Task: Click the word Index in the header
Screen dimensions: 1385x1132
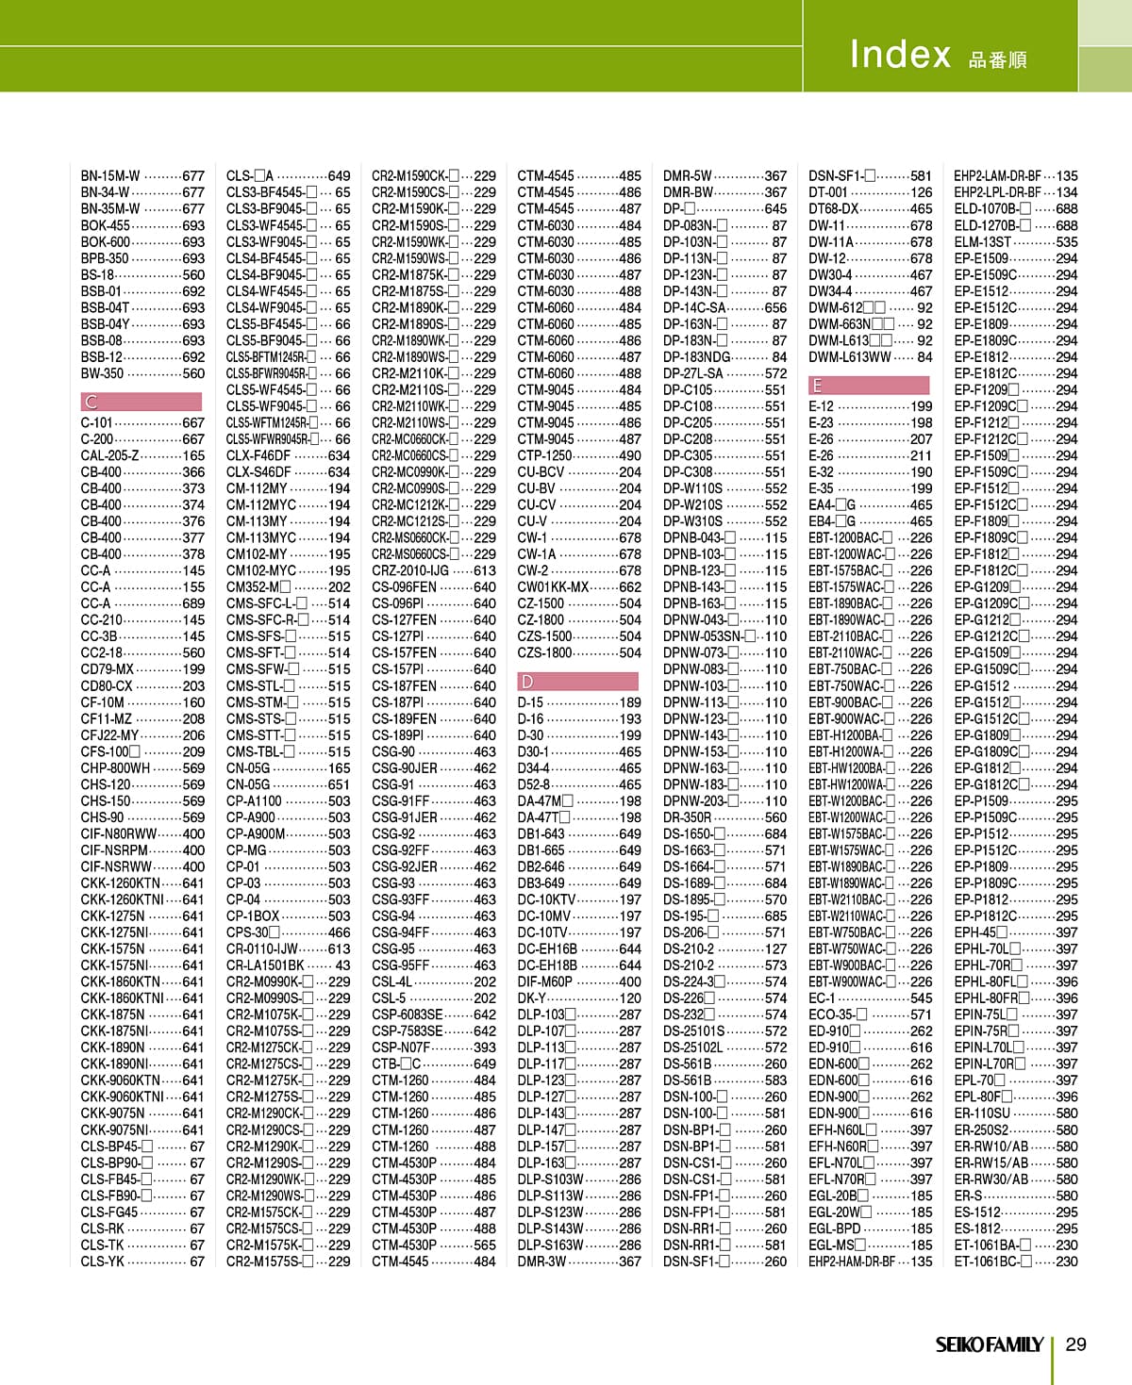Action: (x=899, y=55)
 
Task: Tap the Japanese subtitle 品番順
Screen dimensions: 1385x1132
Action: (x=997, y=60)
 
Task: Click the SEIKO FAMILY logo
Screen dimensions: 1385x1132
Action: (x=989, y=1344)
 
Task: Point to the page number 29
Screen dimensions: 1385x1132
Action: (x=1075, y=1344)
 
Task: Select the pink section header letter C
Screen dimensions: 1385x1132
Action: (x=92, y=402)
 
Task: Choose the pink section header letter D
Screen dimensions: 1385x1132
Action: (x=527, y=681)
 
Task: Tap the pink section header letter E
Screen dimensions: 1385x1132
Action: (x=817, y=386)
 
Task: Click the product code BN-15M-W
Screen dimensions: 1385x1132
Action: (x=110, y=176)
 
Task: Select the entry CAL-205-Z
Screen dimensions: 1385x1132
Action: (x=109, y=455)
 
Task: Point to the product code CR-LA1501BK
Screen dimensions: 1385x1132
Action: (x=265, y=965)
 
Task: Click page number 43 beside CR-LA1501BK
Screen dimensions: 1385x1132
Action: (x=341, y=965)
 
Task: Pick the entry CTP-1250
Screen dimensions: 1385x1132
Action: (x=544, y=455)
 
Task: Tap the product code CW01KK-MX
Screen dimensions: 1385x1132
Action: (x=553, y=586)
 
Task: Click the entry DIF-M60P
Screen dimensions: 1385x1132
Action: (x=544, y=981)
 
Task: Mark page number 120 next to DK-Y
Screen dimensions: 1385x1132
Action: (x=629, y=998)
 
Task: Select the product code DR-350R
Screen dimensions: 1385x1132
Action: (x=687, y=817)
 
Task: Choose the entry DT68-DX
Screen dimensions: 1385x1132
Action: (x=833, y=209)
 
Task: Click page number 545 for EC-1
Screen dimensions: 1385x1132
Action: (x=921, y=998)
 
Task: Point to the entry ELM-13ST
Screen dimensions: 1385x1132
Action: (x=982, y=242)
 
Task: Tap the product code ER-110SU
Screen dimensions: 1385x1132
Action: (x=982, y=1113)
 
